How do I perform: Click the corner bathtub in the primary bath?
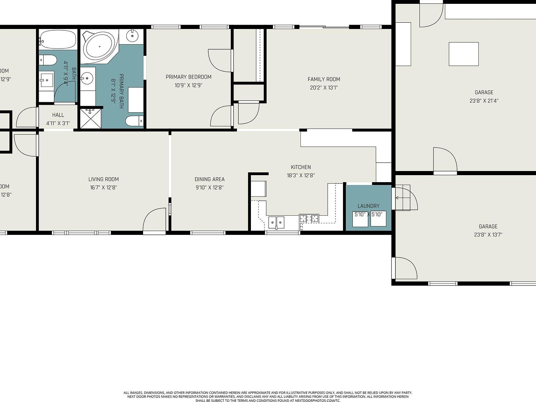[99, 47]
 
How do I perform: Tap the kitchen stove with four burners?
[309, 219]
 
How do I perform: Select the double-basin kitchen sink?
[276, 222]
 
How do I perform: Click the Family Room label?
[323, 79]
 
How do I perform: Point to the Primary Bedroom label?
[188, 77]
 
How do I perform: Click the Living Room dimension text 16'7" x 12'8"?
[103, 187]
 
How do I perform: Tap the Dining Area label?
[209, 179]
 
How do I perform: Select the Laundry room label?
[368, 206]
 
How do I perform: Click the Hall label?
[58, 115]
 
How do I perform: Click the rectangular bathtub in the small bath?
[58, 39]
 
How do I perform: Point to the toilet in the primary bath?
[134, 121]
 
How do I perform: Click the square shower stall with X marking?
[91, 118]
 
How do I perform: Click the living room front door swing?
[155, 220]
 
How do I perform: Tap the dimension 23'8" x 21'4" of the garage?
[484, 101]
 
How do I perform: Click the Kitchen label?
[300, 167]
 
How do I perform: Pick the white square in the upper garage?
[463, 54]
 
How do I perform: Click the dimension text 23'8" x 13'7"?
[488, 235]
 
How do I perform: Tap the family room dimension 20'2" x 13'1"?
[323, 88]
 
